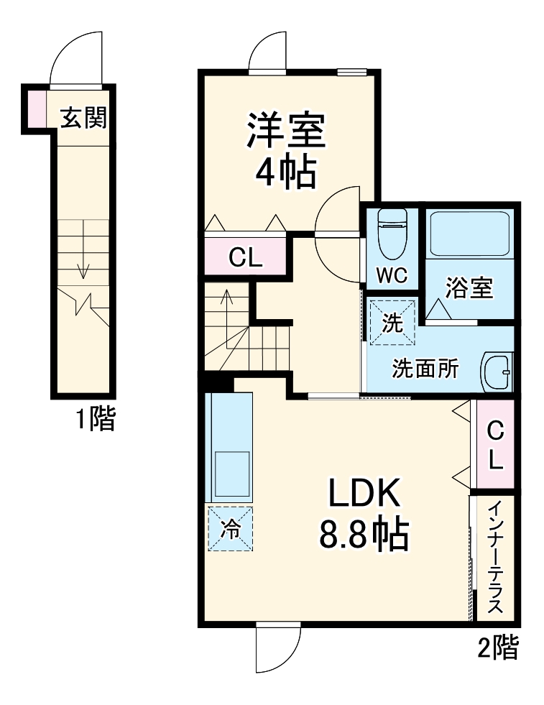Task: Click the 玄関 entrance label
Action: point(83,118)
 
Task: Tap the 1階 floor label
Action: point(96,419)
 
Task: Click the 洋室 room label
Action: point(287,130)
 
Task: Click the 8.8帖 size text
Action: point(364,535)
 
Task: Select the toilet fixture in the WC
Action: point(392,231)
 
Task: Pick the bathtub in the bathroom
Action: point(469,233)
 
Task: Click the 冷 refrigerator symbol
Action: point(231,530)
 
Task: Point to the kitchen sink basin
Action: point(231,474)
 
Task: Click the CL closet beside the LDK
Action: point(496,446)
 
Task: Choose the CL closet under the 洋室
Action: point(246,257)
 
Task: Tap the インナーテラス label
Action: point(495,558)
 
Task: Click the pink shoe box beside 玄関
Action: point(37,109)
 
